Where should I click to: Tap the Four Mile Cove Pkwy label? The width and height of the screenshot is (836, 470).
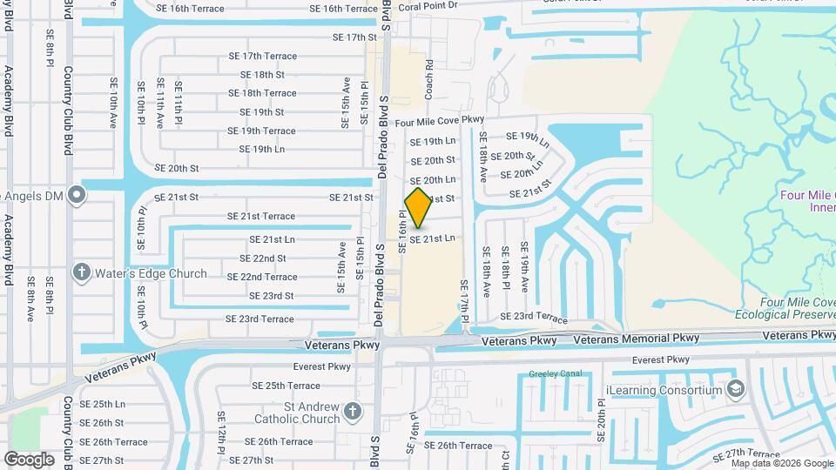tap(438, 123)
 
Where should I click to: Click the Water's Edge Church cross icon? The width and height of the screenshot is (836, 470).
tap(83, 273)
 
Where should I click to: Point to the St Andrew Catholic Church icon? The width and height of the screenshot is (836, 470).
tap(352, 410)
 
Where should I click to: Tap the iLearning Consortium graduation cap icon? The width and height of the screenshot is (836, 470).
tap(736, 388)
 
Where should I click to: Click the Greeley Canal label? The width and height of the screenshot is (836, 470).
tap(549, 375)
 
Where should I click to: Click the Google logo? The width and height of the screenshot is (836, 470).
tap(29, 459)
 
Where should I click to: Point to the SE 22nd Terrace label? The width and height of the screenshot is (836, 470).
tap(262, 277)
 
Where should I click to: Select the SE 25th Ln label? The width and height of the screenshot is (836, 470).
tap(108, 404)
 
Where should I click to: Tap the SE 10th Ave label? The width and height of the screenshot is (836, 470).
tap(113, 104)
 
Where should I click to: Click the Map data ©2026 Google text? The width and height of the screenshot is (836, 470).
tap(779, 463)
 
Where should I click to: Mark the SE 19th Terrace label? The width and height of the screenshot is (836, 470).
tap(262, 131)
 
